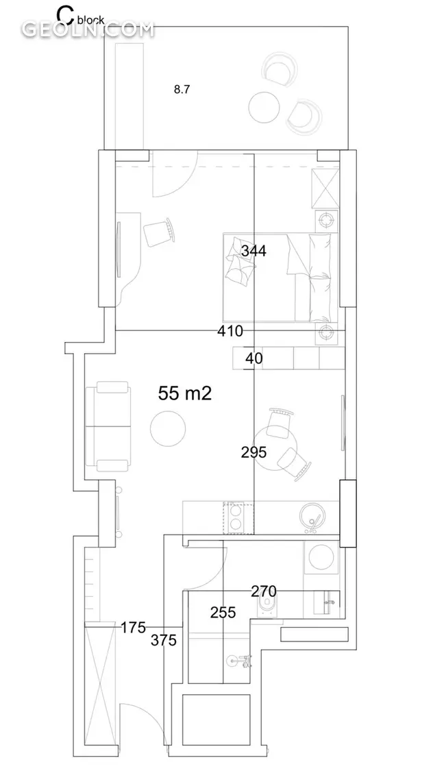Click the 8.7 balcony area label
(182, 90)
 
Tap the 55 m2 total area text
(185, 393)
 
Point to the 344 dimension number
(254, 252)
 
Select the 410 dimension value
(230, 332)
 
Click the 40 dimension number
(254, 358)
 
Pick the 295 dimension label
(254, 452)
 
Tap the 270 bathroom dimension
(264, 591)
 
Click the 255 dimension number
(223, 613)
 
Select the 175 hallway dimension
(134, 627)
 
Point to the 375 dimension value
(164, 641)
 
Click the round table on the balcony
(264, 108)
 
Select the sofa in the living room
(109, 426)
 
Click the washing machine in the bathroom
(321, 557)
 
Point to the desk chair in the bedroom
(160, 232)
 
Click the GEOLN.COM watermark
(88, 29)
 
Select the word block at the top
(91, 20)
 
